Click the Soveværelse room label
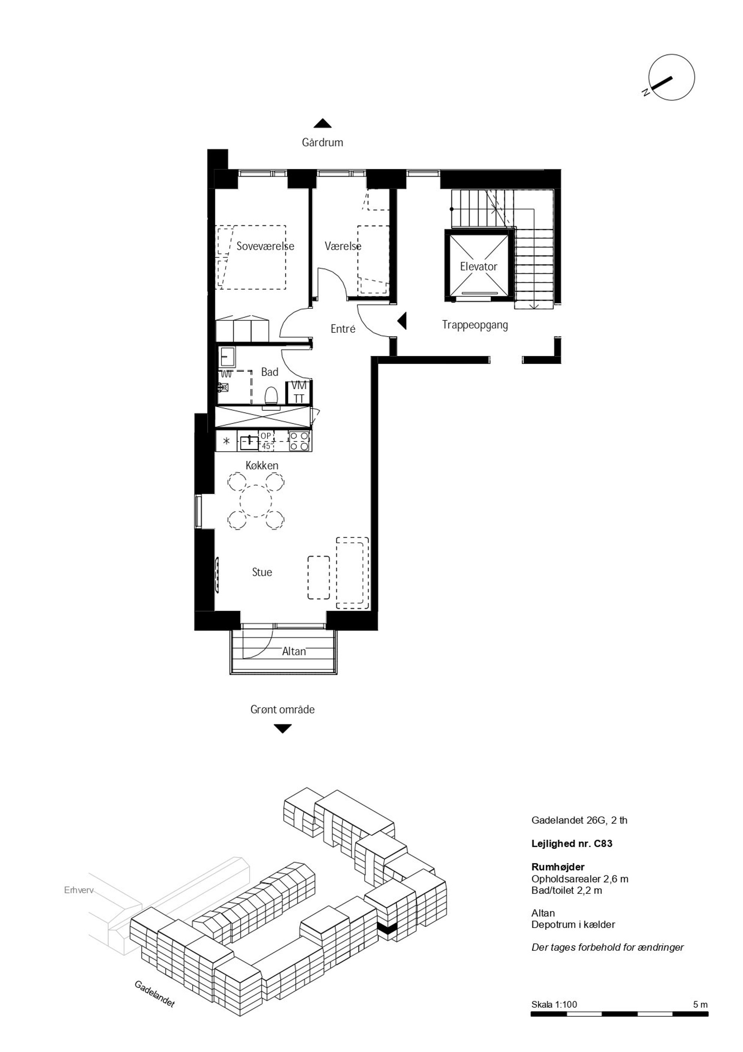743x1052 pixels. click(265, 246)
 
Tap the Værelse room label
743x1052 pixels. click(343, 246)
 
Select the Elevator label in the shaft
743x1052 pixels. click(479, 266)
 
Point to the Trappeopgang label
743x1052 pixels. click(475, 325)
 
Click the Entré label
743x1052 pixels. click(343, 329)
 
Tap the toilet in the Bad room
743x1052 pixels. click(272, 396)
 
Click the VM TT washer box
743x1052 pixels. click(299, 392)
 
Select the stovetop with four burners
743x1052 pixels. click(299, 440)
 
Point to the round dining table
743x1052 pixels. click(256, 501)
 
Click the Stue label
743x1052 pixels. click(262, 572)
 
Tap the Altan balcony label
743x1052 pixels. click(294, 651)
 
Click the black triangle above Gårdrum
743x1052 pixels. click(322, 123)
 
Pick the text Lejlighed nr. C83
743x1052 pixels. click(572, 844)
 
